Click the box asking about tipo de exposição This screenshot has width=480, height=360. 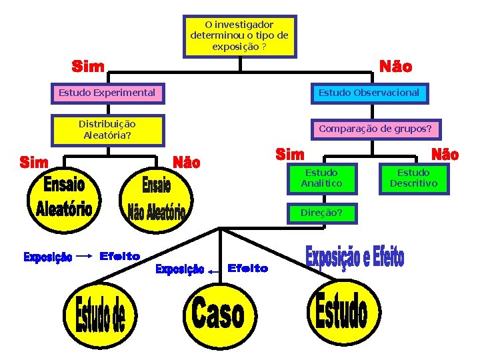tap(239, 36)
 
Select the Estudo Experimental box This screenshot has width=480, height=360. tap(107, 93)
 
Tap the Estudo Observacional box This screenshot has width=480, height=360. tap(369, 93)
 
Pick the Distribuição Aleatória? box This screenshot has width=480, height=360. tap(107, 129)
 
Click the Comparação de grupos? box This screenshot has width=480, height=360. tap(375, 128)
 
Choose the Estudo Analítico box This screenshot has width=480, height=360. tap(321, 178)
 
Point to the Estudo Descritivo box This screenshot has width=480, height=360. tap(413, 178)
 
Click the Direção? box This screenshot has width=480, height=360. tap(321, 213)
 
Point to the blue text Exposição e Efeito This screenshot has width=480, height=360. tap(355, 258)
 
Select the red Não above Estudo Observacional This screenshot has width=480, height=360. tap(395, 67)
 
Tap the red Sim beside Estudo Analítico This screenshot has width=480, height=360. tap(290, 154)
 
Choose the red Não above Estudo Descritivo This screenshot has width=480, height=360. tap(445, 155)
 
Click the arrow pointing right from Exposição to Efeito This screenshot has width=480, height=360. tap(85, 255)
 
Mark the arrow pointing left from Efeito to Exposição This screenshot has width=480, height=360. tap(215, 271)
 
